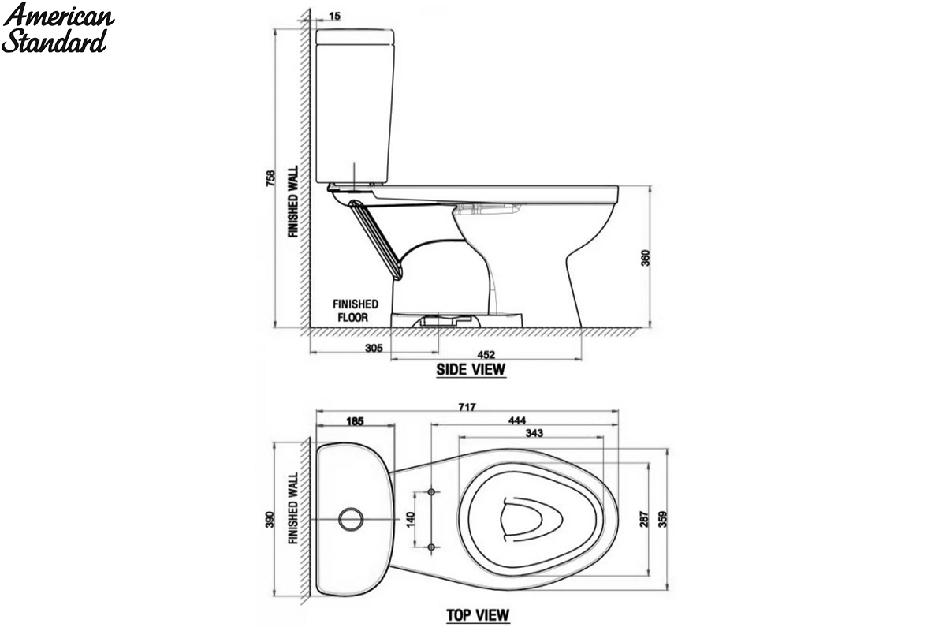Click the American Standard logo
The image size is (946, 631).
[58, 28]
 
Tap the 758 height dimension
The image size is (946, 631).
[270, 178]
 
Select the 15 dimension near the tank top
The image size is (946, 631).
[334, 16]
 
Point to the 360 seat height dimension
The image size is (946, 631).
[646, 258]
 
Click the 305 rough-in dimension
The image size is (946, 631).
[374, 348]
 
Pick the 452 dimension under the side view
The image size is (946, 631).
[486, 355]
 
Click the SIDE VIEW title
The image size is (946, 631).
[471, 370]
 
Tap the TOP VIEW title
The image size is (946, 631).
[478, 615]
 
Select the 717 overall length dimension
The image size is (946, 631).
[467, 407]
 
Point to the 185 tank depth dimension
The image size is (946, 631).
[355, 421]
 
